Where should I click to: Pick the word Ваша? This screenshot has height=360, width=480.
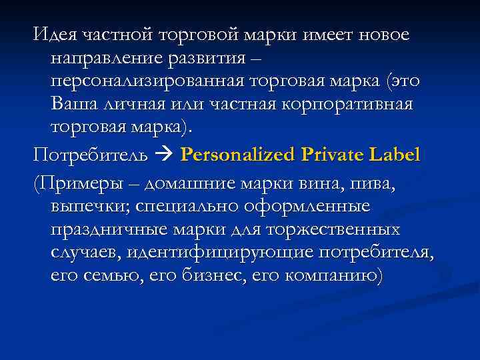click(x=71, y=105)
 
